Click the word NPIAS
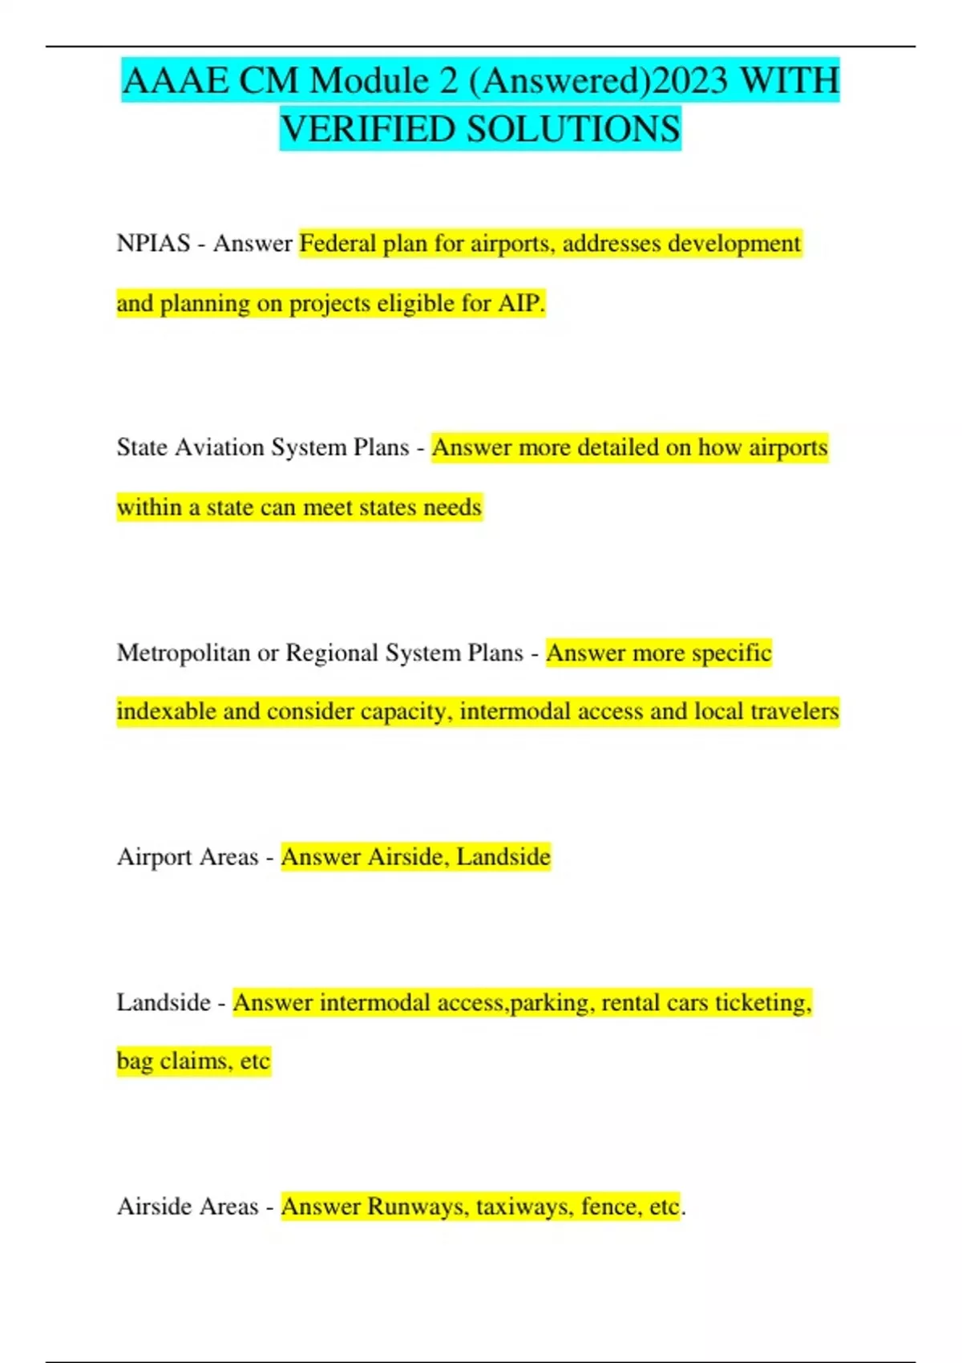[153, 243]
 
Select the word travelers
[794, 711]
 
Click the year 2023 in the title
[690, 81]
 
